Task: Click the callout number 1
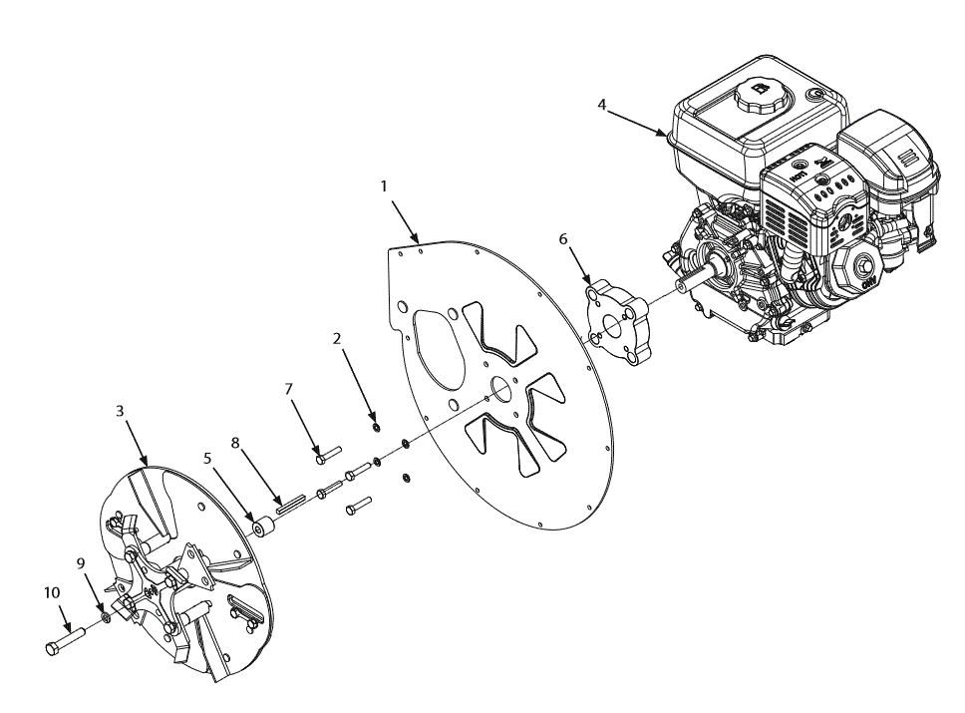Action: [x=385, y=186]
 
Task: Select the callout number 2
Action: [x=337, y=339]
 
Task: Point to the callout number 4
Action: [x=602, y=104]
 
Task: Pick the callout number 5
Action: [x=207, y=459]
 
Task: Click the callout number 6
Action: [x=563, y=239]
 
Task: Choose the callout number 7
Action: [x=289, y=389]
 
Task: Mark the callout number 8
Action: [x=236, y=442]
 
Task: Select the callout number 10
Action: [x=52, y=592]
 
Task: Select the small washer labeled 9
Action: [x=105, y=619]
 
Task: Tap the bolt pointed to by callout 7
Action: [x=327, y=456]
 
